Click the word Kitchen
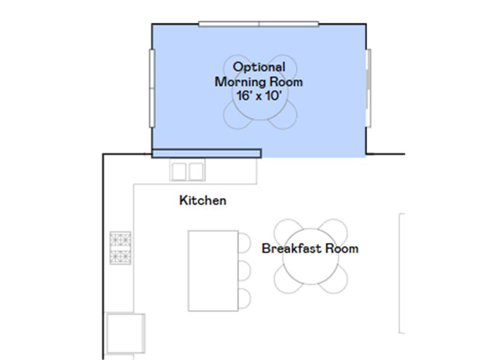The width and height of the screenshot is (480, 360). pyautogui.click(x=202, y=201)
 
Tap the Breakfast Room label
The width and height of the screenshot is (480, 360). pyautogui.click(x=310, y=248)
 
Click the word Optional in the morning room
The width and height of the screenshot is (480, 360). pyautogui.click(x=259, y=67)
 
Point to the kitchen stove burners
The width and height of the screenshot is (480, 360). pyautogui.click(x=120, y=247)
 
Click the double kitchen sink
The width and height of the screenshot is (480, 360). pyautogui.click(x=187, y=171)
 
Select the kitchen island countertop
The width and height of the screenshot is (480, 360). pyautogui.click(x=213, y=270)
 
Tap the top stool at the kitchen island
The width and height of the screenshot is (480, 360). pyautogui.click(x=245, y=242)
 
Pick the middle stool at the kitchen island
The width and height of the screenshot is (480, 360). pyautogui.click(x=245, y=270)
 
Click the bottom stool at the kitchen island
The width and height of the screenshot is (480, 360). pyautogui.click(x=245, y=299)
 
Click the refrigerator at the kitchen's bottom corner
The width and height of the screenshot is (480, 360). pyautogui.click(x=125, y=332)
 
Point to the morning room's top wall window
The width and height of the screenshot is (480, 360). pyautogui.click(x=259, y=24)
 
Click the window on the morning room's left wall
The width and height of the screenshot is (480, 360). pyautogui.click(x=152, y=88)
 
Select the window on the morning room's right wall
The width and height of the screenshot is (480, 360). pyautogui.click(x=368, y=88)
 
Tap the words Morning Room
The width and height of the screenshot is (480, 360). pyautogui.click(x=259, y=82)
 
